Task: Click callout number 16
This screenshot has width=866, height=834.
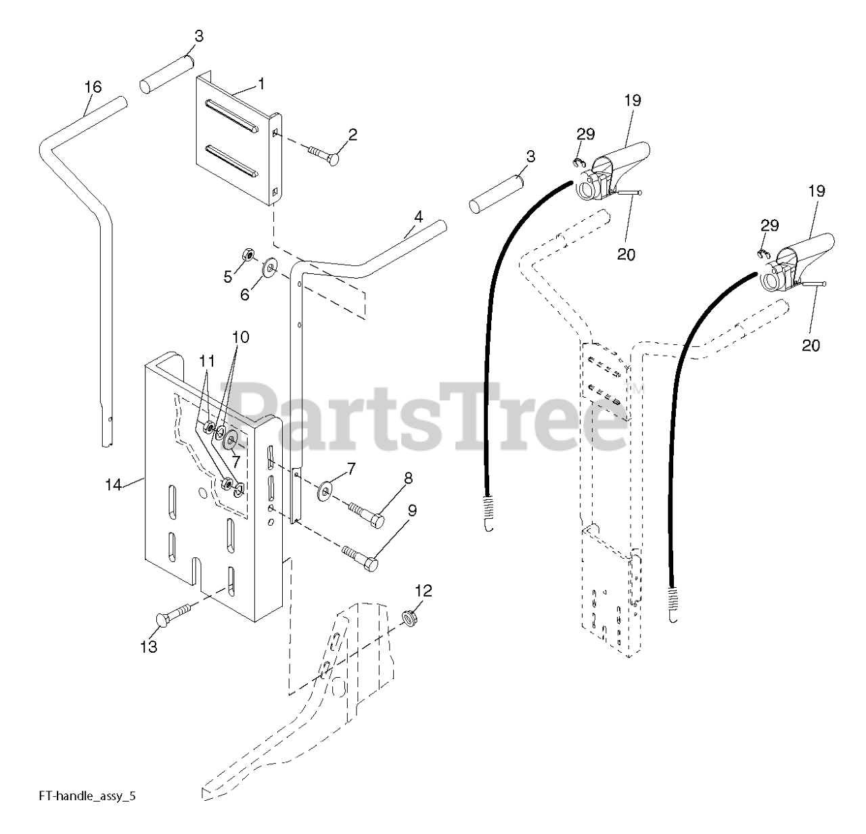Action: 93,87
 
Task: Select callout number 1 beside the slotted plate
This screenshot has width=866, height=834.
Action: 261,83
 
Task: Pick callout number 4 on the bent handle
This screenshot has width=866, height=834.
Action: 418,217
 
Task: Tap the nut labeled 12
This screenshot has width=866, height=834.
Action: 408,618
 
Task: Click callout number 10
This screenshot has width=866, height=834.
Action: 241,337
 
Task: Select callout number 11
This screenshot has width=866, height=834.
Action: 206,360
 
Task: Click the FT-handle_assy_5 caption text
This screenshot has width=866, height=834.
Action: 87,796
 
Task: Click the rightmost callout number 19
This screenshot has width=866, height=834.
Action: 817,191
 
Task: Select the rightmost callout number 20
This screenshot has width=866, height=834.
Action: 811,345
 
